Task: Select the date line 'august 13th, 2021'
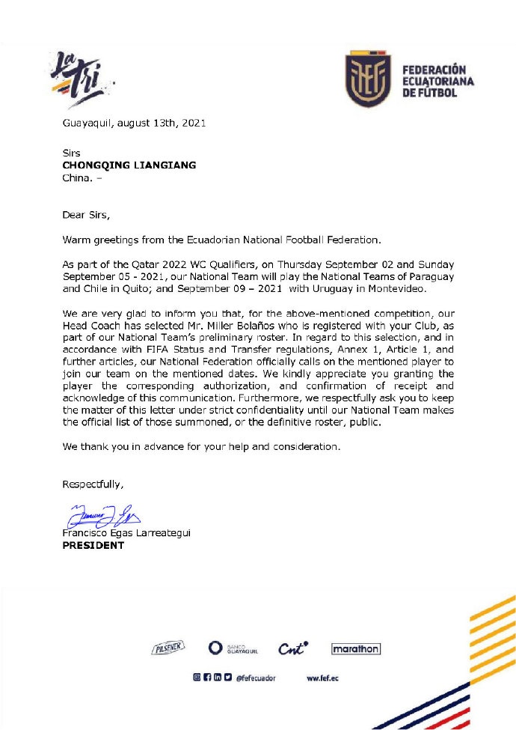point(160,123)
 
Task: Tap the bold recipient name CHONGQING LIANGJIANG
point(129,165)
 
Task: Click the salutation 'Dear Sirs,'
point(85,215)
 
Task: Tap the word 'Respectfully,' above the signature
point(92,484)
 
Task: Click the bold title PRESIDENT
point(93,545)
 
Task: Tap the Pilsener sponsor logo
point(168,648)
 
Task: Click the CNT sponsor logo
point(294,648)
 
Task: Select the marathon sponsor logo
point(355,649)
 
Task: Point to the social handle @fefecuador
point(256,678)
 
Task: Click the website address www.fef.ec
point(323,678)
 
